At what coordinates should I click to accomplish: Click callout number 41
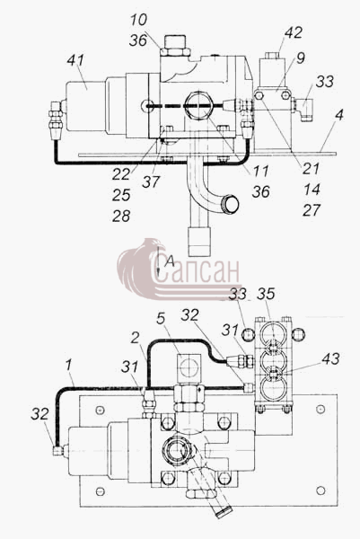click(x=75, y=60)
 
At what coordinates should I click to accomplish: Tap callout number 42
click(x=294, y=32)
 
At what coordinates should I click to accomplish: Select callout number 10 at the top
click(x=139, y=20)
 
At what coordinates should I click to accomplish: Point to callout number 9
click(x=301, y=58)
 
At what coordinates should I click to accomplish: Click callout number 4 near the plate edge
click(x=339, y=114)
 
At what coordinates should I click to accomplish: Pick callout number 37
click(x=151, y=181)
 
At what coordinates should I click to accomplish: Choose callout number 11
click(x=260, y=171)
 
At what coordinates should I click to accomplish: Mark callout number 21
click(x=312, y=169)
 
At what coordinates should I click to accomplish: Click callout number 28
click(x=121, y=216)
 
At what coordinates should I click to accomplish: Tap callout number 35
click(x=267, y=294)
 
